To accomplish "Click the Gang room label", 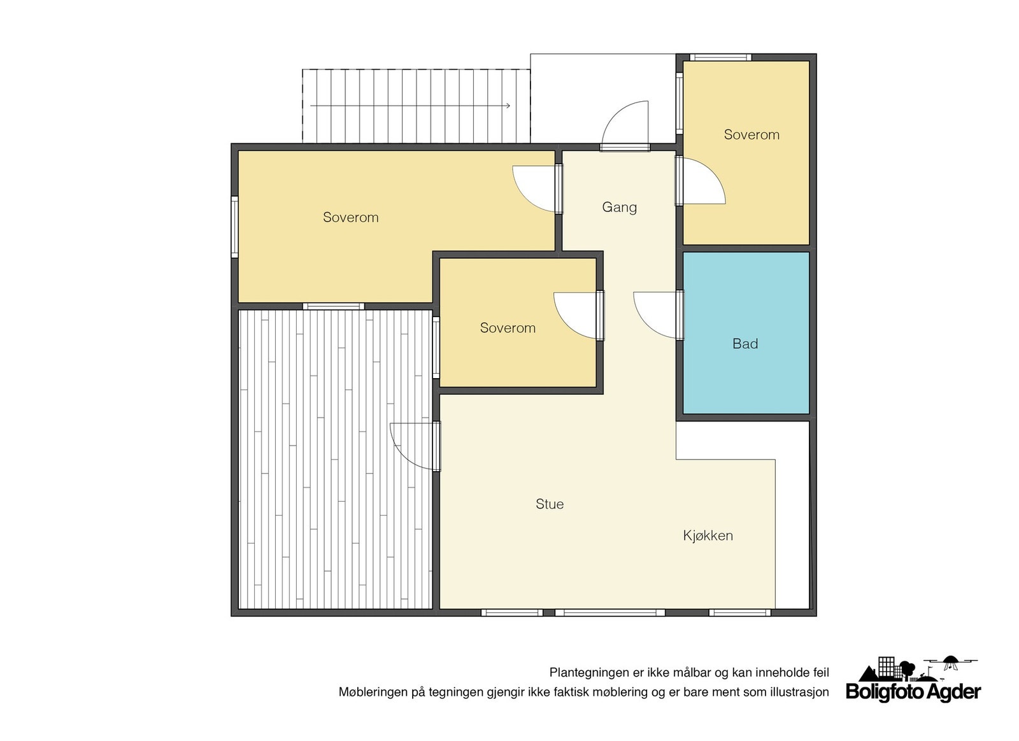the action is tap(619, 208).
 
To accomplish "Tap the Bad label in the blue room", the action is tap(745, 344).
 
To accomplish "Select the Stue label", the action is tap(550, 504).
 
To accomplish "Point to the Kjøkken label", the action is tap(708, 535).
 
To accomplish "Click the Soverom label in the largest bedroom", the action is tap(351, 217).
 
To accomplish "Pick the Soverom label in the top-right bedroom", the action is tap(752, 134).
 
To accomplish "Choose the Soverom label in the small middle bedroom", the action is tap(508, 328).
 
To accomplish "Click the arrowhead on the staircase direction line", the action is tap(508, 106).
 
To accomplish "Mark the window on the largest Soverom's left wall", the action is tap(235, 227).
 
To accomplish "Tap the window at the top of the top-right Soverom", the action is tap(720, 57).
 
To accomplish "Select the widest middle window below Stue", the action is tap(610, 613).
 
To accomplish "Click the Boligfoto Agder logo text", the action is tap(913, 692).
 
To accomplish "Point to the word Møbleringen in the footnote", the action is tap(374, 693).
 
